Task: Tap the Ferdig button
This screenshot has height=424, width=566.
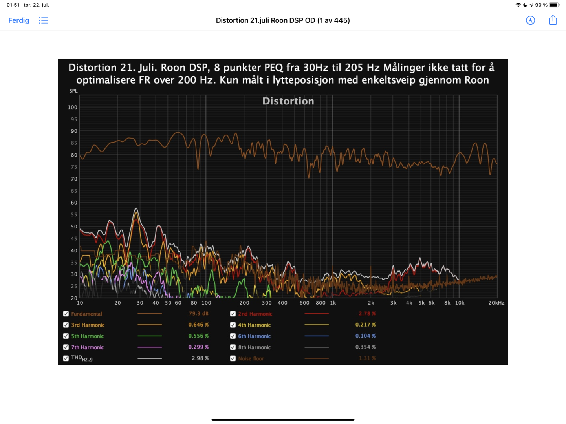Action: click(x=19, y=20)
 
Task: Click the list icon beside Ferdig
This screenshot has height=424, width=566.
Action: click(x=44, y=20)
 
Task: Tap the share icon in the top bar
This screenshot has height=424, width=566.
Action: click(x=553, y=20)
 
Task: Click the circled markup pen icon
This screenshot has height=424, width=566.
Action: click(x=530, y=20)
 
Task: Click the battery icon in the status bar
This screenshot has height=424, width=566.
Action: click(x=554, y=5)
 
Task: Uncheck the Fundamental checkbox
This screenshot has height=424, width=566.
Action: click(x=66, y=314)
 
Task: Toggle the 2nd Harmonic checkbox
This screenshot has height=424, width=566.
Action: click(x=233, y=314)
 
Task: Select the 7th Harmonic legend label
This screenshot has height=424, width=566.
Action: click(x=87, y=347)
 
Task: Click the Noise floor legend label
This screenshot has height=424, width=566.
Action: click(x=251, y=358)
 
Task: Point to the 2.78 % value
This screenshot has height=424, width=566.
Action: click(x=367, y=314)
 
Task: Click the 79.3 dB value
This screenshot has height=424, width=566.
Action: click(x=198, y=314)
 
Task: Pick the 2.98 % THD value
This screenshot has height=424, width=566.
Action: click(x=200, y=358)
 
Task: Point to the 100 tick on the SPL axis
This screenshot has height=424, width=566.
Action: click(x=73, y=107)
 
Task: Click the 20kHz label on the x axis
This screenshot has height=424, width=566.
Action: click(x=496, y=303)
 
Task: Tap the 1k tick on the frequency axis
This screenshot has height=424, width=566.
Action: click(x=333, y=303)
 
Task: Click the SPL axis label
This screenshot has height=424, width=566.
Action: click(x=73, y=91)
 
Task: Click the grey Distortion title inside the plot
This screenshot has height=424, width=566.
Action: click(x=288, y=101)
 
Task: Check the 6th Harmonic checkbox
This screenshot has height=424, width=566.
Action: click(x=233, y=336)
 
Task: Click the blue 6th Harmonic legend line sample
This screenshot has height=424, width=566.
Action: click(x=317, y=336)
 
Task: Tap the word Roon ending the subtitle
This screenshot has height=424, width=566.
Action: click(x=477, y=80)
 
